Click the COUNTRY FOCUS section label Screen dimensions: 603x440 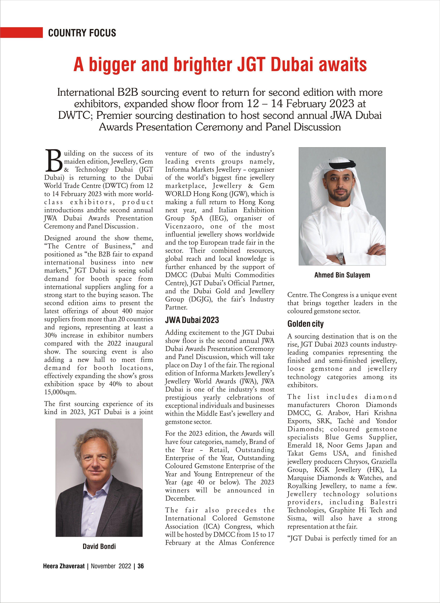point(82,33)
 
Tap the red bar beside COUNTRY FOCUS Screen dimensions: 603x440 point(21,33)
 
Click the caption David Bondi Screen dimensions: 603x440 point(99,546)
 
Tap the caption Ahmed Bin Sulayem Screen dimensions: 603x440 point(342,275)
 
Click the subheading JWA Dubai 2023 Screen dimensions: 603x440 point(192,320)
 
